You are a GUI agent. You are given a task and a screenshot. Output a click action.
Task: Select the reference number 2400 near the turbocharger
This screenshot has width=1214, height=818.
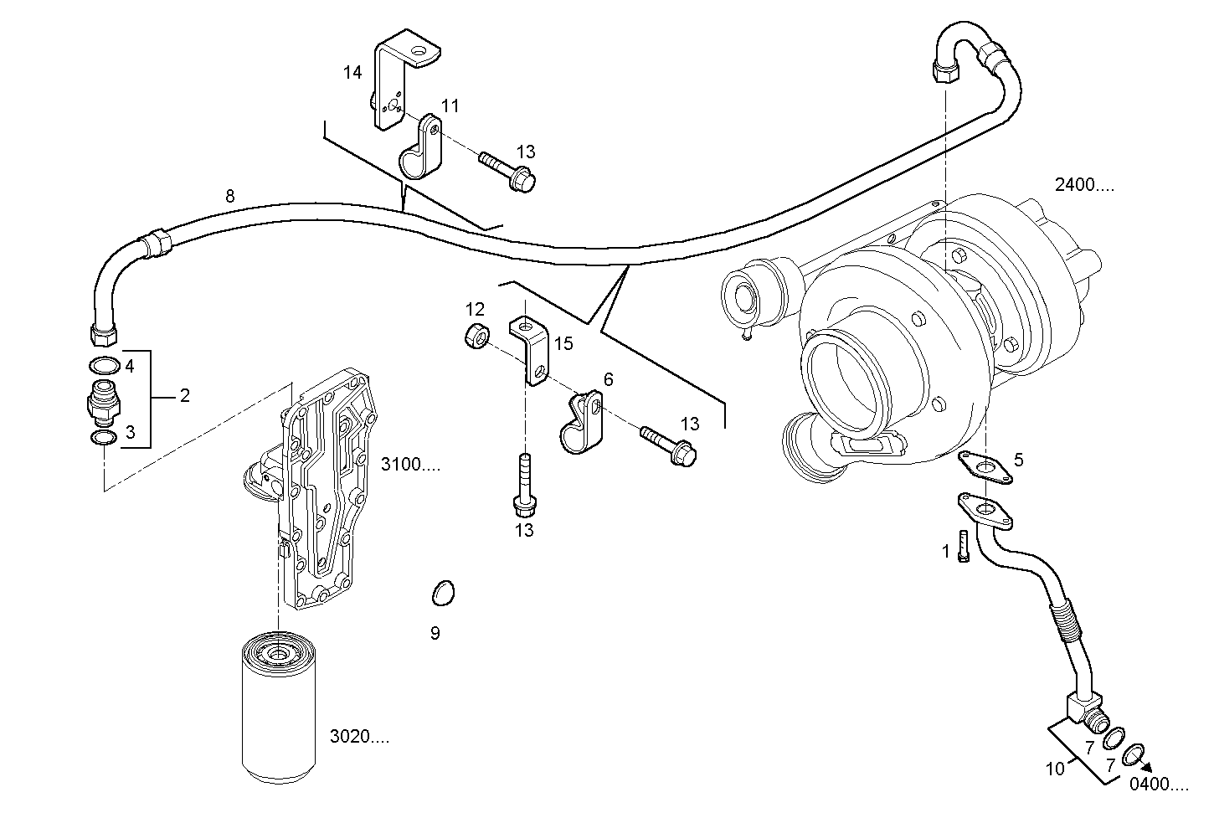[1084, 185]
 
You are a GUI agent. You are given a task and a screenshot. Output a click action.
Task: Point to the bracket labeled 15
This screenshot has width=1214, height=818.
[531, 349]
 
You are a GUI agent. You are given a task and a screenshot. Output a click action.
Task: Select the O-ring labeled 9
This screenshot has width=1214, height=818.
[444, 594]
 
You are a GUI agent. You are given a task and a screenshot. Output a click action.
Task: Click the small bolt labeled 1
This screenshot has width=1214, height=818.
[964, 548]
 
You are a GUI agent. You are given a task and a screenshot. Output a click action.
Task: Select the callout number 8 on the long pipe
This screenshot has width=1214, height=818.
[229, 196]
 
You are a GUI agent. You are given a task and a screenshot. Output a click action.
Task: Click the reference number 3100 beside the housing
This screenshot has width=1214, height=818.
[410, 464]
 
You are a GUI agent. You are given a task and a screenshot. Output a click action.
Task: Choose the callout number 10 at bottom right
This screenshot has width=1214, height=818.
[1055, 768]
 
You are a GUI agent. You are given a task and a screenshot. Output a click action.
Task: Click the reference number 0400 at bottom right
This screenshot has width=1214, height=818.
[1159, 785]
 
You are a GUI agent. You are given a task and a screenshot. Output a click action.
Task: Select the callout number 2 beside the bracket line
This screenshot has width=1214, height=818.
[184, 395]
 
